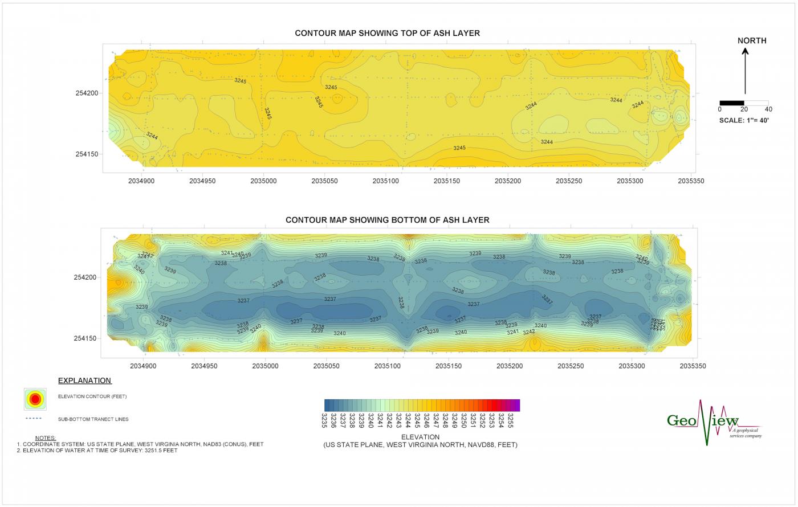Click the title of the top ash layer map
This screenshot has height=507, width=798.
point(387,33)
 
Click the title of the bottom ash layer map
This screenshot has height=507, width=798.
point(387,220)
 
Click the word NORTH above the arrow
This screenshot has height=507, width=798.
point(752,40)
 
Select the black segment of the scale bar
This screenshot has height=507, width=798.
point(732,103)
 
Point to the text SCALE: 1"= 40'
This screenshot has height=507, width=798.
point(744,121)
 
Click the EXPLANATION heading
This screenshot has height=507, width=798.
point(84,381)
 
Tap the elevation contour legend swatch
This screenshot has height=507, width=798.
point(35,399)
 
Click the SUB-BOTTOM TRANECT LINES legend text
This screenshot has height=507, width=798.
point(93,419)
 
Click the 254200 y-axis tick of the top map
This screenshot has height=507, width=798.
point(87,93)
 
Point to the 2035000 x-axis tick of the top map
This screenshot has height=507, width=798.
point(264,181)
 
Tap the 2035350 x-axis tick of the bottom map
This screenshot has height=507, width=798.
point(694,366)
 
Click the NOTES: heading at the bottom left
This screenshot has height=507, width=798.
point(45,438)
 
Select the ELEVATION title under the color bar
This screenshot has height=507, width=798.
point(420,437)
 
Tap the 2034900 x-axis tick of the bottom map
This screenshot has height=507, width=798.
point(144,366)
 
